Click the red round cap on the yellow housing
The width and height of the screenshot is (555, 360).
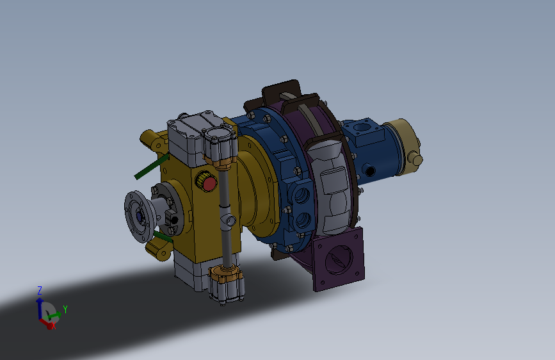209,184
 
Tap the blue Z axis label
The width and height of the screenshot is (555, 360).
40,291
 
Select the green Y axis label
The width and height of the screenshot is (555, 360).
65,309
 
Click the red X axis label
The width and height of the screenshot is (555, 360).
54,327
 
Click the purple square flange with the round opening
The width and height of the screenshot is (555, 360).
339,259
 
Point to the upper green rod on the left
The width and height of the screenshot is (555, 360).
152,166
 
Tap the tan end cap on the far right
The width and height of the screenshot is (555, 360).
403,146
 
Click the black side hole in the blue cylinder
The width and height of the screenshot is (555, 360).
370,172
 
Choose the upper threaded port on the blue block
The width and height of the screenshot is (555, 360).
302,195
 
